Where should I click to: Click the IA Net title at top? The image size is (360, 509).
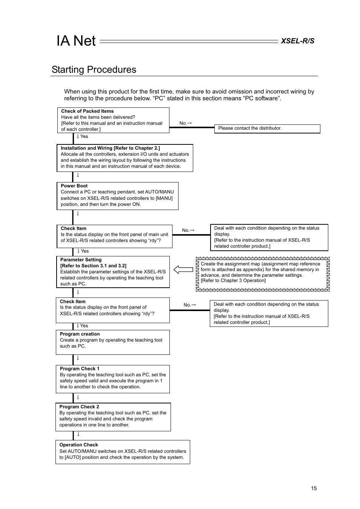pos(76,41)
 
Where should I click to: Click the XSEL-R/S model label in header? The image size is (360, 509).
pos(297,41)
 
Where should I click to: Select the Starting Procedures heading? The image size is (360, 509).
pos(94,70)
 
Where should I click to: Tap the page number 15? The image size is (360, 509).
pos(314,488)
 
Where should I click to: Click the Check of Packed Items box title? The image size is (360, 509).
pos(87,111)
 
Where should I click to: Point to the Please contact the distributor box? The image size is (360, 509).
pos(267,129)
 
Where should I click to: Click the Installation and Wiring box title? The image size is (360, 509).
pos(110,148)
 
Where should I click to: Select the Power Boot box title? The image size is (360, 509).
pos(74,186)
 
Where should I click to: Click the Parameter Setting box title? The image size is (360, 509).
pos(81,260)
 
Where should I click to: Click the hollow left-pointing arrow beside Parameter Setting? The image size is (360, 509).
pos(183,270)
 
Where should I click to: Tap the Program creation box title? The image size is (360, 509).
pos(80,334)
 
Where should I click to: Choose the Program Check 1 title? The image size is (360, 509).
pos(79,369)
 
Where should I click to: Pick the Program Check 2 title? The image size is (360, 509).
pos(79,407)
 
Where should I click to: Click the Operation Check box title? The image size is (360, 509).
pos(78,445)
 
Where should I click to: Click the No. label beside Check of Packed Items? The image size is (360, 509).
pos(185,123)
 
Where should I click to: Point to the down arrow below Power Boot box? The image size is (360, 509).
pos(78,213)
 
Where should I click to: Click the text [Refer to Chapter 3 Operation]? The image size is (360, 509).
pos(233,281)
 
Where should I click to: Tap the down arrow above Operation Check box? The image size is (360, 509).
pos(78,434)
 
